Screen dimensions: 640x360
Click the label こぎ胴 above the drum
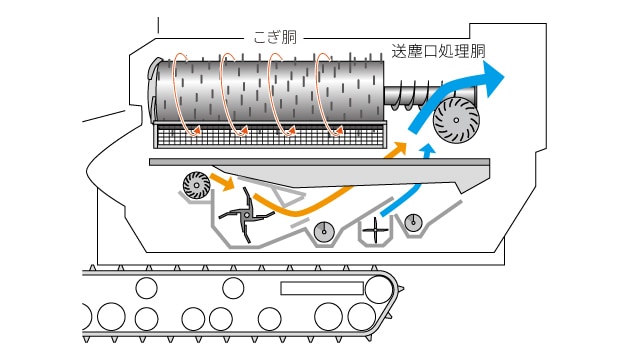275,37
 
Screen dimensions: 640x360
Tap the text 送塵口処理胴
438,51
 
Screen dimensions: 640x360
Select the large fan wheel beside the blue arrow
456,120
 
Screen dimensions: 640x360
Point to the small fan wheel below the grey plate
196,185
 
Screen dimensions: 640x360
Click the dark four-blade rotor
247,214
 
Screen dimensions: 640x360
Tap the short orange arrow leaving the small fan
222,182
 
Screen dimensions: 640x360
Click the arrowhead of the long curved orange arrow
398,149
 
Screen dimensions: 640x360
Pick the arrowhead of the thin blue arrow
428,149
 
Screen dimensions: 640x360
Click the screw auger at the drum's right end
412,96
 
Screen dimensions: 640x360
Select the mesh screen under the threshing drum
269,136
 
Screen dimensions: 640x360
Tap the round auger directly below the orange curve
324,232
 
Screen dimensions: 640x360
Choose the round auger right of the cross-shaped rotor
413,222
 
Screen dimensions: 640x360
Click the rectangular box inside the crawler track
322,288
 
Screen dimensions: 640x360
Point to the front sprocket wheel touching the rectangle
378,289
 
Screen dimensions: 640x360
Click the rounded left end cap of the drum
153,91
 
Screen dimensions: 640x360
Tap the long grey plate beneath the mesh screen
319,162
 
